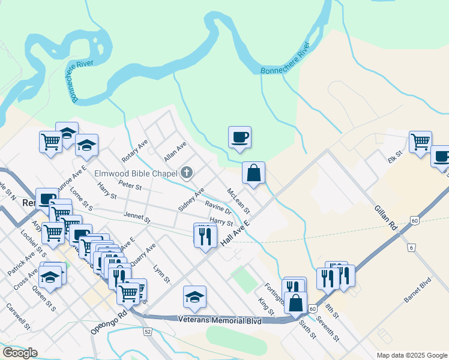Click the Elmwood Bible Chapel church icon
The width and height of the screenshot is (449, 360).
click(x=187, y=173)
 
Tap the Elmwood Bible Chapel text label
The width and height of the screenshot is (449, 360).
click(x=137, y=174)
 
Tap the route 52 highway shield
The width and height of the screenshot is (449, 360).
click(x=147, y=331)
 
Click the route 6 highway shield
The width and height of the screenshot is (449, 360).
click(x=411, y=247)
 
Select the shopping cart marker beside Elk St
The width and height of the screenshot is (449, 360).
click(x=420, y=142)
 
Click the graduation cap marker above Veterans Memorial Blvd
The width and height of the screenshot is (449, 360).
click(x=194, y=297)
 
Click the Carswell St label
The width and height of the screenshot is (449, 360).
click(x=18, y=316)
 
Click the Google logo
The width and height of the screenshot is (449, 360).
click(x=19, y=353)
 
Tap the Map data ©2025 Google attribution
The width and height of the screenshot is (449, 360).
click(x=411, y=355)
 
